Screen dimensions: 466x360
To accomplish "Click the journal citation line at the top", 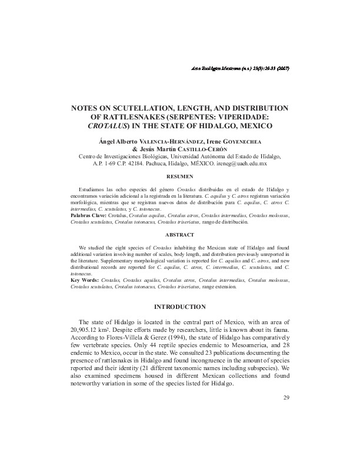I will click(237, 69).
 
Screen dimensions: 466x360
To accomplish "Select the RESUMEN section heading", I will click(179, 177).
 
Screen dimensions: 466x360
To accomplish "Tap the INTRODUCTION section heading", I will click(179, 307).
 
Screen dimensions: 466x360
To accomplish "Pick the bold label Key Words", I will click(85, 281).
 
